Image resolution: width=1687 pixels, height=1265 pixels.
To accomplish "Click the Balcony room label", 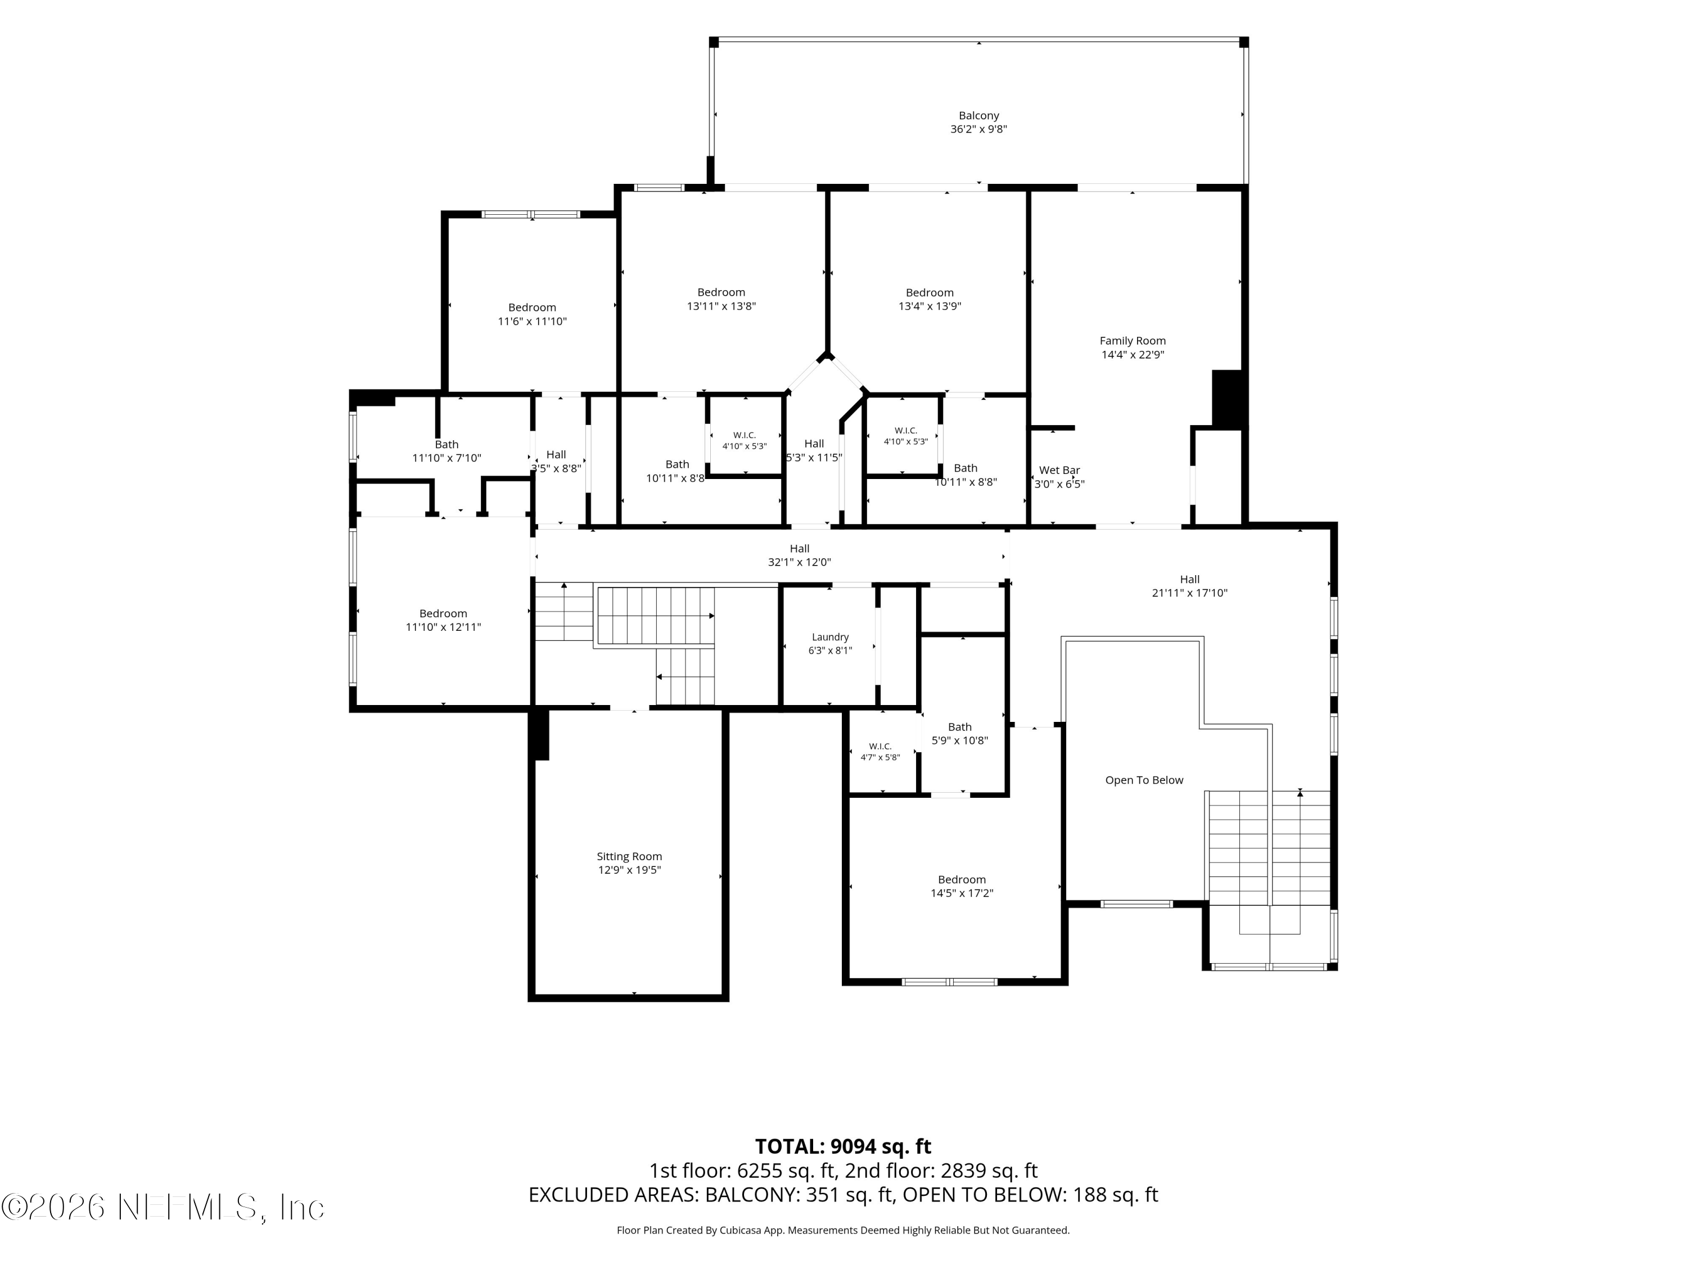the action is (978, 116).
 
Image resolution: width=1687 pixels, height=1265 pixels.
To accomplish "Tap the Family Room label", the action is (1133, 341).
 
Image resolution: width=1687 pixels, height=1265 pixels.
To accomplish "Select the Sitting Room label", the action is (629, 856).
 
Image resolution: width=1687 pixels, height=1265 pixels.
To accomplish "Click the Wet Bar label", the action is (1059, 471).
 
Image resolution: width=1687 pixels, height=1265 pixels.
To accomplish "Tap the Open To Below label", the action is (1144, 780).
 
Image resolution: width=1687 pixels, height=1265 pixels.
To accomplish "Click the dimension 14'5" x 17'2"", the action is (962, 893).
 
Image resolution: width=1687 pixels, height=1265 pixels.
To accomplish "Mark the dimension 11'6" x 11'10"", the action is (533, 322).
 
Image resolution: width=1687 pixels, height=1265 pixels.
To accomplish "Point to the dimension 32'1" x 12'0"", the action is (799, 563).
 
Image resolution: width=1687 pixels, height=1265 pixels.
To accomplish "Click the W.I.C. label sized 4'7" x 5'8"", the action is (880, 747).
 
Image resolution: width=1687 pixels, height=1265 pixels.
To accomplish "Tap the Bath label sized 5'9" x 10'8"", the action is (959, 726).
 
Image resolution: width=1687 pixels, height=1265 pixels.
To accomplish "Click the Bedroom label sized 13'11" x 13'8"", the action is (721, 292).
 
